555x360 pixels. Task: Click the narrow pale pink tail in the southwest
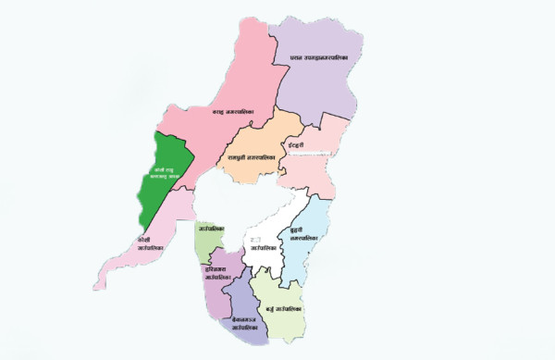coord(125,263)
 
